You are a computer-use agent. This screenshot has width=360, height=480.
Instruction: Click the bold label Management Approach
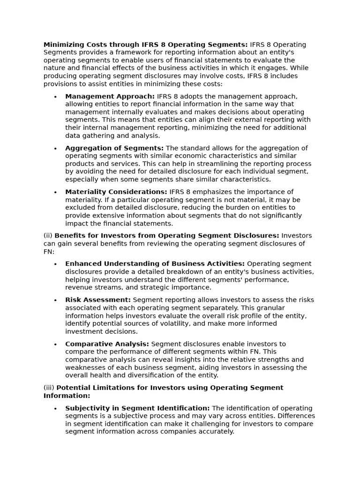[x=110, y=97]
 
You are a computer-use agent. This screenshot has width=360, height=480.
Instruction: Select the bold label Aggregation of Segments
[x=114, y=148]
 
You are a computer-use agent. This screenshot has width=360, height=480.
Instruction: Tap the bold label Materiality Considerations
[x=116, y=192]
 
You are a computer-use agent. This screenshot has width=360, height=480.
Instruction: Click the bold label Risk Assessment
[x=98, y=300]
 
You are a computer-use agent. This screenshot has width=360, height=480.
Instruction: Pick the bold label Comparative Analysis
[x=107, y=344]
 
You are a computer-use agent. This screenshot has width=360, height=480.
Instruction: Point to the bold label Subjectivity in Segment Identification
[x=137, y=408]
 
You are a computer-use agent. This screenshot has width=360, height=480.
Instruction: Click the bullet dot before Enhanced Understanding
[x=55, y=264]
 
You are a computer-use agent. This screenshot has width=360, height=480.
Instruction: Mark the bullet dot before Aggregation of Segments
[x=55, y=149]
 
